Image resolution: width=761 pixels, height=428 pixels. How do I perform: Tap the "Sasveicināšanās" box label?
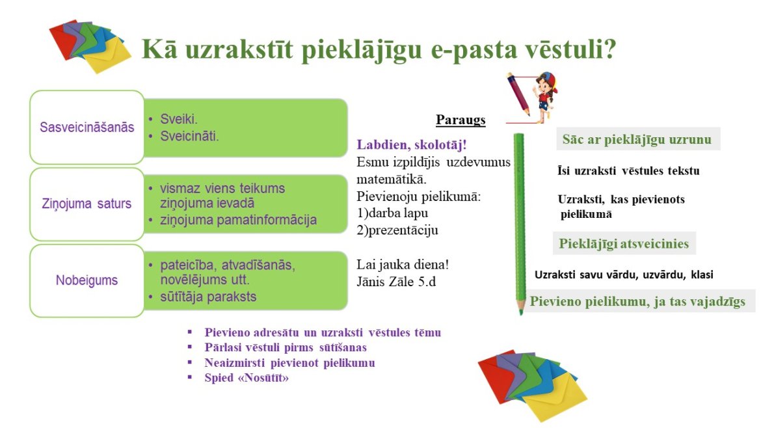[87, 127]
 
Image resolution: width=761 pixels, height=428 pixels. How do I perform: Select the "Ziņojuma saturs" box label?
[87, 204]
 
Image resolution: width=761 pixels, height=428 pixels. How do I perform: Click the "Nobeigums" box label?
[87, 280]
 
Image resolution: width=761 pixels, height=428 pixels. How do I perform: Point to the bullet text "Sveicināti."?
[189, 136]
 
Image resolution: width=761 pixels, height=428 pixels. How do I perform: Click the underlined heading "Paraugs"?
[461, 120]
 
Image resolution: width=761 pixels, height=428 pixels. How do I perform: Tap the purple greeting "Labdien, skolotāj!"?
[412, 144]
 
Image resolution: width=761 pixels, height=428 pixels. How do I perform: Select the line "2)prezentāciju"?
[397, 230]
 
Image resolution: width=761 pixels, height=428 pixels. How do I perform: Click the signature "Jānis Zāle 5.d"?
[396, 282]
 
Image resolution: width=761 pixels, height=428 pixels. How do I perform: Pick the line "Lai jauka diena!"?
[403, 265]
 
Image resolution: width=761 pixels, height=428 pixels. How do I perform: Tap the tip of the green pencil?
[521, 313]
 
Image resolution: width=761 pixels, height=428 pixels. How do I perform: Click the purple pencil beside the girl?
[518, 94]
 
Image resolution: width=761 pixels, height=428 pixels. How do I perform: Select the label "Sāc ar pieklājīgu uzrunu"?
[637, 140]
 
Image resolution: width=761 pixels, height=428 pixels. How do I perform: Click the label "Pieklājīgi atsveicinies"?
[624, 244]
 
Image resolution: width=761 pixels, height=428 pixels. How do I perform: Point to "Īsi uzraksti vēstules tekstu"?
[628, 171]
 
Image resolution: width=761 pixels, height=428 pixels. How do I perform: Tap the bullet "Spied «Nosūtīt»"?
[247, 377]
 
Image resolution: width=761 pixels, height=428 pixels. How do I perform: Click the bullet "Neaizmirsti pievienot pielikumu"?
[289, 362]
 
